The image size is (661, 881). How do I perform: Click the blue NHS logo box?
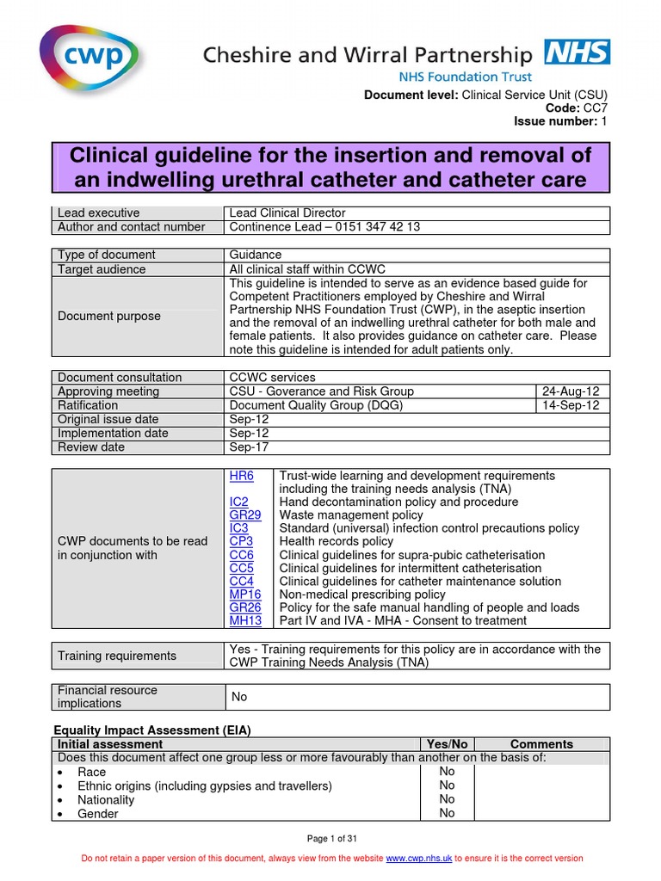click(577, 52)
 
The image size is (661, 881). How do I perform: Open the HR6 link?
click(242, 476)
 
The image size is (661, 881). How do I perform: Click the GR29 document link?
click(245, 515)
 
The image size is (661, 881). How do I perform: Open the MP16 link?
click(245, 595)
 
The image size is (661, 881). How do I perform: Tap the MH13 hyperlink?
click(245, 620)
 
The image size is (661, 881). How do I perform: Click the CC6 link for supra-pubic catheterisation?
click(242, 555)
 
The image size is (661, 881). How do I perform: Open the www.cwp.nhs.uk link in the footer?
click(418, 859)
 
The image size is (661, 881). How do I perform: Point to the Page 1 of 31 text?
click(330, 839)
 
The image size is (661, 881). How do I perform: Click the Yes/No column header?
click(447, 744)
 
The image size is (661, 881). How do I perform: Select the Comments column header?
click(541, 744)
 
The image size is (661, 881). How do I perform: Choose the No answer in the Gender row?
click(447, 813)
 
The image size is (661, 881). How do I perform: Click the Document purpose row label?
click(108, 316)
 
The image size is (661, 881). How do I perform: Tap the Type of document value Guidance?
click(255, 255)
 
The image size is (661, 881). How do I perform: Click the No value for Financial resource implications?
click(239, 697)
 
